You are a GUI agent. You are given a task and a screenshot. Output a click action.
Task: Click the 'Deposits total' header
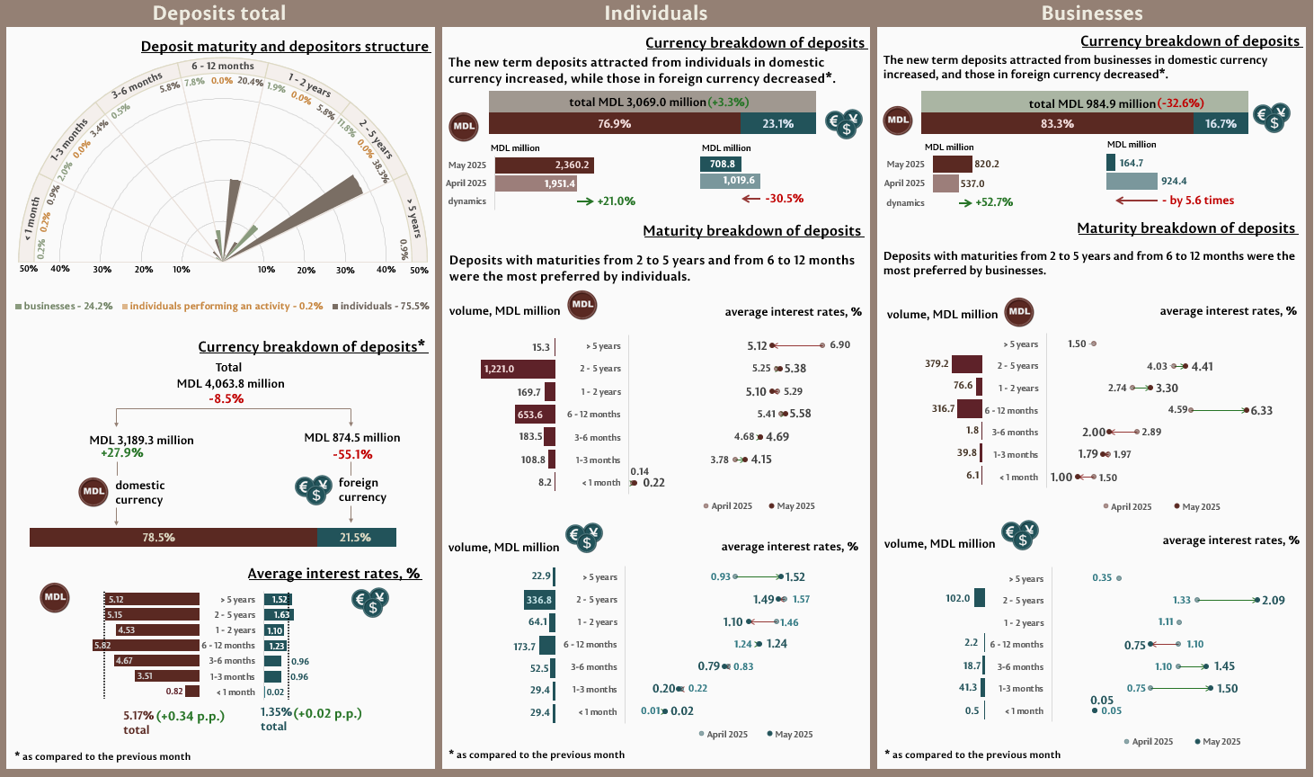coord(219,13)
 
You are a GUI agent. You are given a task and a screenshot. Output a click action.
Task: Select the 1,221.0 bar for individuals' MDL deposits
coord(519,369)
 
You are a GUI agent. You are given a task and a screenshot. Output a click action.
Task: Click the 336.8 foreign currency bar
coord(540,600)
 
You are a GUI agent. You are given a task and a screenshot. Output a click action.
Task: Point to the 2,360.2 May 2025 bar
coord(545,165)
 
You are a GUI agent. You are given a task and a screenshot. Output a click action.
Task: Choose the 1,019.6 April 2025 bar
coord(730,181)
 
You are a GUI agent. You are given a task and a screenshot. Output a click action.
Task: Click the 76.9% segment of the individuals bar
coord(615,124)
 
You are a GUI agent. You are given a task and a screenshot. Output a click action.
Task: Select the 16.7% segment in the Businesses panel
coord(1221,124)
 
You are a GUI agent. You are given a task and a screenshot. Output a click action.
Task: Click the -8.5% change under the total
coord(226,398)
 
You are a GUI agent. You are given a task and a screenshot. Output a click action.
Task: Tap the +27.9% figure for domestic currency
coord(122,452)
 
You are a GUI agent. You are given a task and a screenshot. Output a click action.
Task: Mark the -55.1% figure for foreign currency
coord(353,454)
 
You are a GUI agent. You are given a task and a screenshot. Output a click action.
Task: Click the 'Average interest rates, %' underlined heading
coord(333,574)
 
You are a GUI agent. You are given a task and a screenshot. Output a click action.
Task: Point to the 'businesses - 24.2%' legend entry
coord(64,307)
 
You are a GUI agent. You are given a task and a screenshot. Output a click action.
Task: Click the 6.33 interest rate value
coord(1262,411)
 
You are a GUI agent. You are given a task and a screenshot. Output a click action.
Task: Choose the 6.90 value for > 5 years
coord(839,345)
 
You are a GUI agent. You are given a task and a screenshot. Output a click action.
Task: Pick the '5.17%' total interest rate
coord(138,717)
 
